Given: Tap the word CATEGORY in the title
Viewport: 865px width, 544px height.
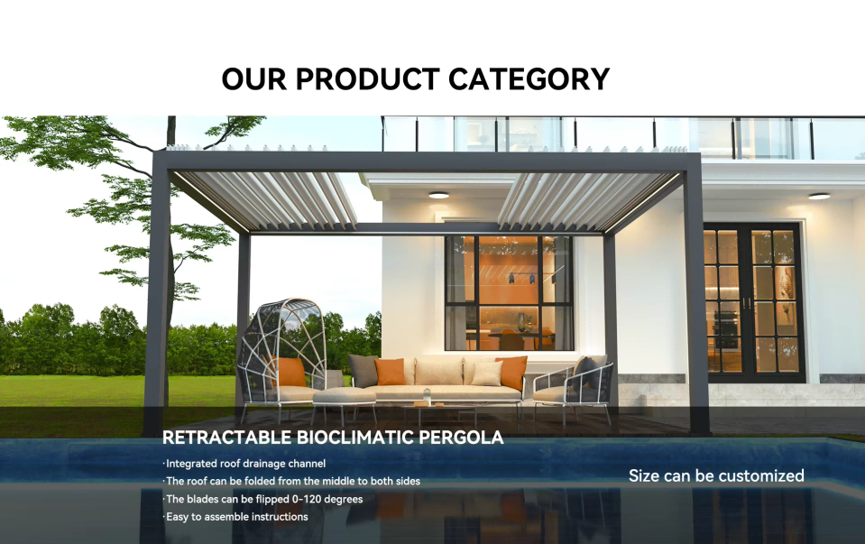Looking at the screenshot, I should click(529, 79).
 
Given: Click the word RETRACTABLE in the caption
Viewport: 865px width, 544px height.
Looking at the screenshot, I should click(226, 438).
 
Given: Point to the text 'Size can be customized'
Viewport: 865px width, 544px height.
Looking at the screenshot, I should click(716, 475).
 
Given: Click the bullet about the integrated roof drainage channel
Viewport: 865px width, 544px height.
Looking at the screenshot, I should click(244, 464).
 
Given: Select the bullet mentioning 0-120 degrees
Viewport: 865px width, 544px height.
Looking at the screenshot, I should click(263, 499).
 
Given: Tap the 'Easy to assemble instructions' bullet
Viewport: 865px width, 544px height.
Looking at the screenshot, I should click(236, 517).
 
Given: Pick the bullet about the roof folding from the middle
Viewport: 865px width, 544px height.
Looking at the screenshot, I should click(292, 481).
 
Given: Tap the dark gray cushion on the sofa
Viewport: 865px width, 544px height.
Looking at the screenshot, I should click(363, 369).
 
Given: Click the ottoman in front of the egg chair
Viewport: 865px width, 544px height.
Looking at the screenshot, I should click(344, 398).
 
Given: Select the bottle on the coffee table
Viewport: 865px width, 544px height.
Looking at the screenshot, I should click(428, 394).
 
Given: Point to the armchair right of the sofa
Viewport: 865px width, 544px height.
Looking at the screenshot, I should click(571, 386).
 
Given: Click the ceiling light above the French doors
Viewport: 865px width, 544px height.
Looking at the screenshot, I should click(819, 195).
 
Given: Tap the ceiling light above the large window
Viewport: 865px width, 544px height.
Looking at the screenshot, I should click(439, 194).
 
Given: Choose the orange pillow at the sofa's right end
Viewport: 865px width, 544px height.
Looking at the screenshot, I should click(511, 372).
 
